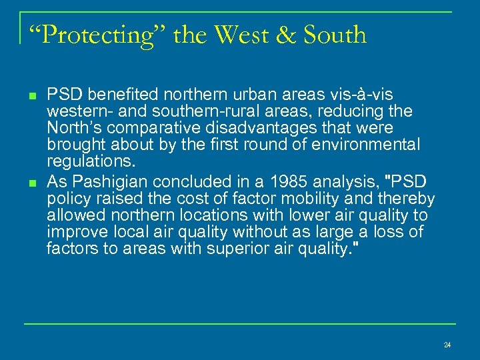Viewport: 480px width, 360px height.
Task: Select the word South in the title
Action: coord(335,35)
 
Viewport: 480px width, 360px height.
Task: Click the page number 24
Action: coord(447,345)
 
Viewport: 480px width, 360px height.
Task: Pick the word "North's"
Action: coord(72,127)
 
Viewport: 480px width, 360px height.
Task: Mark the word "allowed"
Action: coord(71,216)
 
